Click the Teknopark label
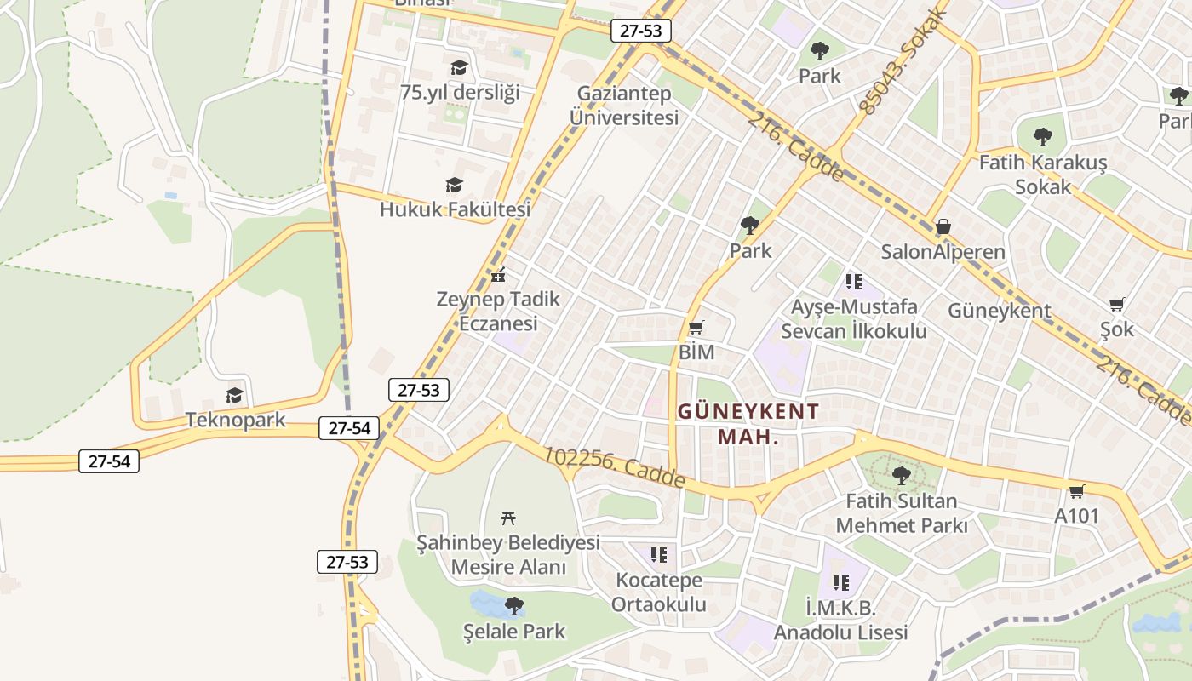pyautogui.click(x=236, y=420)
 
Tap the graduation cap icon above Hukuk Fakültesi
pyautogui.click(x=454, y=185)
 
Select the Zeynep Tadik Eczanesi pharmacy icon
pyautogui.click(x=499, y=275)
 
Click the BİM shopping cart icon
pyautogui.click(x=696, y=327)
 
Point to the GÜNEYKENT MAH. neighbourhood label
pyautogui.click(x=748, y=423)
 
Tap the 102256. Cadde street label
pyautogui.click(x=614, y=468)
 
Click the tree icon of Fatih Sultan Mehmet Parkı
pyautogui.click(x=901, y=475)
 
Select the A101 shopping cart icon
pyautogui.click(x=1076, y=491)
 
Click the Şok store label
pyautogui.click(x=1117, y=329)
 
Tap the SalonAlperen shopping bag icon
pyautogui.click(x=943, y=227)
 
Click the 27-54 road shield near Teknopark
pyautogui.click(x=349, y=428)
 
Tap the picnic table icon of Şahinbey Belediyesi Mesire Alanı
pyautogui.click(x=508, y=517)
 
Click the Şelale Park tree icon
pyautogui.click(x=513, y=605)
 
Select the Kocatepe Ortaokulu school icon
pyautogui.click(x=658, y=555)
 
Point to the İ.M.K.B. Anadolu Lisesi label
pyautogui.click(x=840, y=620)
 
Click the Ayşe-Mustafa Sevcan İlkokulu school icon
pyautogui.click(x=853, y=281)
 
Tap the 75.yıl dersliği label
pyautogui.click(x=460, y=92)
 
